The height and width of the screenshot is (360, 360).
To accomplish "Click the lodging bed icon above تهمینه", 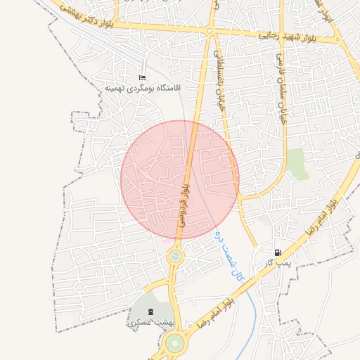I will (142, 77).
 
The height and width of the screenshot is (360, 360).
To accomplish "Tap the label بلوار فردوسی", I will (184, 204).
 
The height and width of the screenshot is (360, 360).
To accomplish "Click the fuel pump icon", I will (279, 252).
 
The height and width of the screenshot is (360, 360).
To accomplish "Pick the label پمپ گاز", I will (278, 262).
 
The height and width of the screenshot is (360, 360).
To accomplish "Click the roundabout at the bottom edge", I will (174, 345).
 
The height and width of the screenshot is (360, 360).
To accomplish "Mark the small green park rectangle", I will (297, 163).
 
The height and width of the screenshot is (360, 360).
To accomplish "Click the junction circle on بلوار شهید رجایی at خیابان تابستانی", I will (210, 31).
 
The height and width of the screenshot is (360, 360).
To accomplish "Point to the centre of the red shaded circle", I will (180, 179).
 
